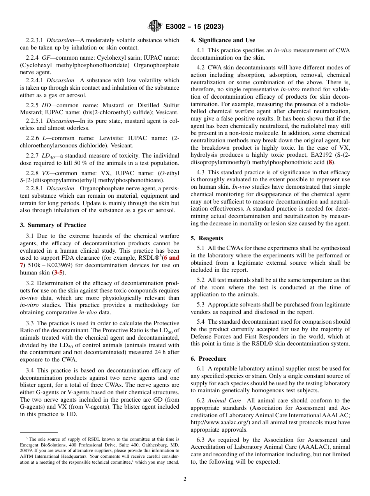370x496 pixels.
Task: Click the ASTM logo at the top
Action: click(x=155, y=26)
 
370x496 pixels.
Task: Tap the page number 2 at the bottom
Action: click(x=185, y=479)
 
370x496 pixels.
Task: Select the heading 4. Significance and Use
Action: click(x=223, y=40)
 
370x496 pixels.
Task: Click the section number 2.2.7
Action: click(x=33, y=156)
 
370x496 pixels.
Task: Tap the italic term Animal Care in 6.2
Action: click(x=221, y=400)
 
